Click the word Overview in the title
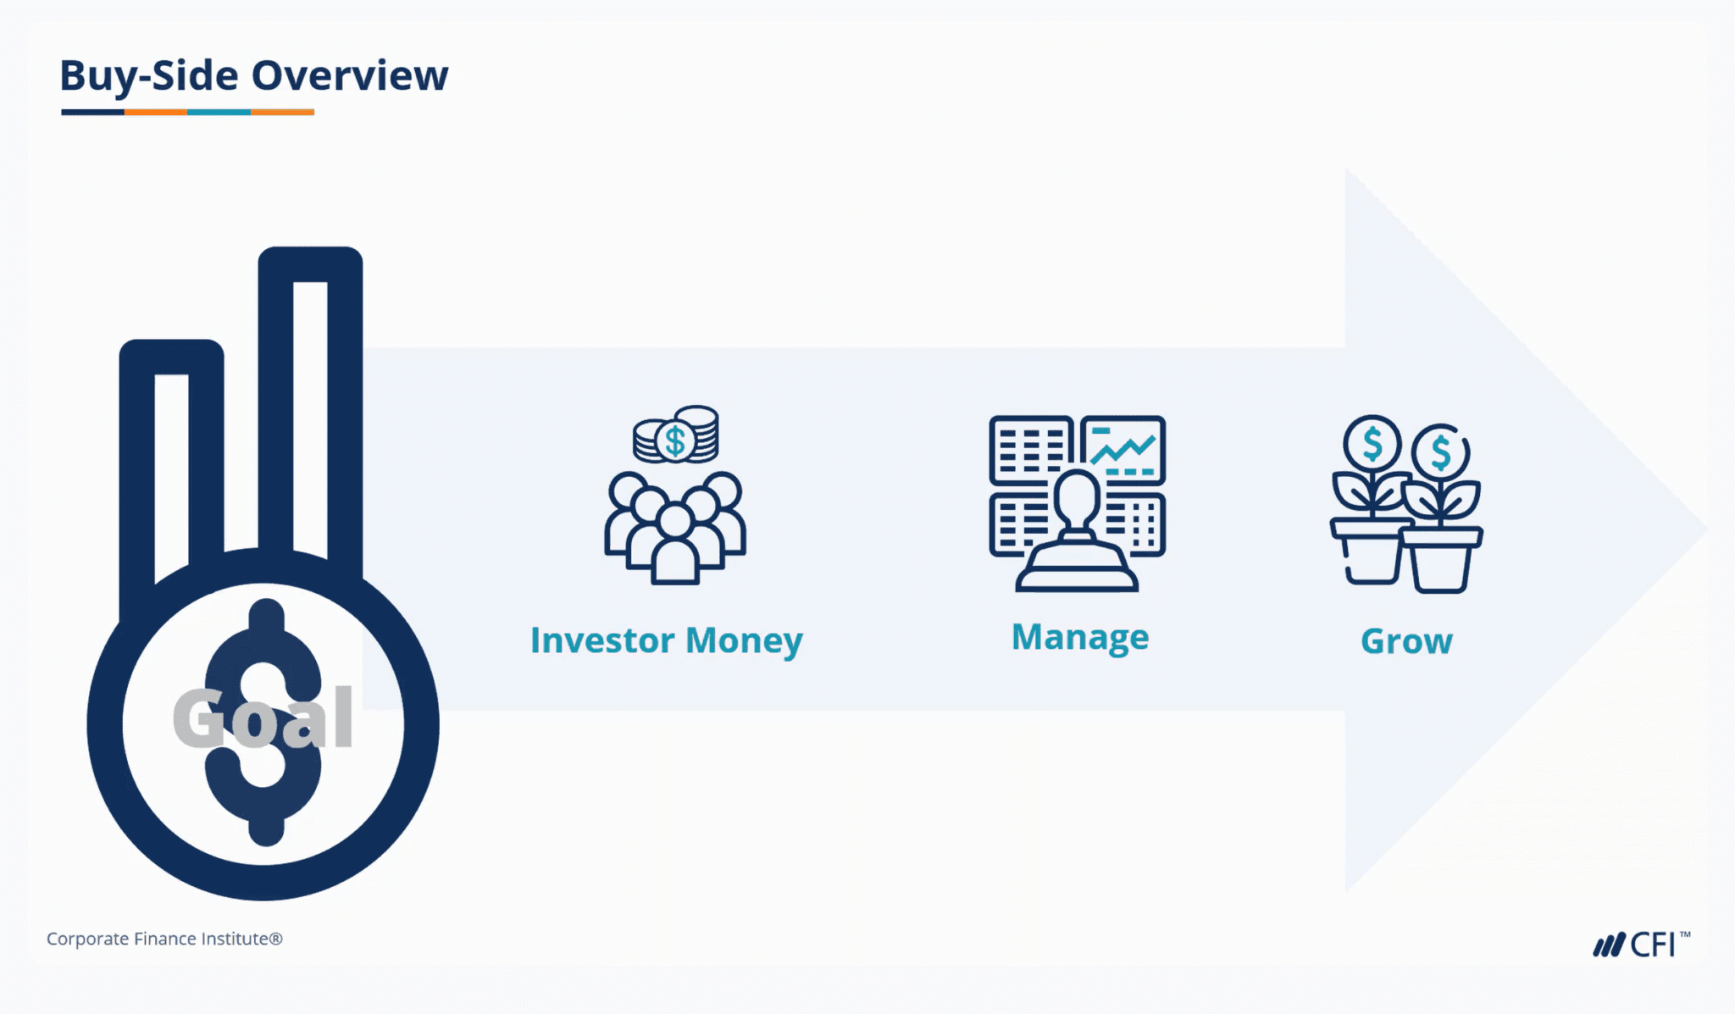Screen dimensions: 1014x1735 350,75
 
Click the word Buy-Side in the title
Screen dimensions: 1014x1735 149,75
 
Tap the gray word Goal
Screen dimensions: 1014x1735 263,718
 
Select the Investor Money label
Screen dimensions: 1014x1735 666,640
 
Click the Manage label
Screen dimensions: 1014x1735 1080,637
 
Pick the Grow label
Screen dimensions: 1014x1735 1406,641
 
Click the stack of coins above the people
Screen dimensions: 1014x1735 676,435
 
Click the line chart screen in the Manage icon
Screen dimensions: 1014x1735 1123,449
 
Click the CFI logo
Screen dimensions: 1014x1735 1640,944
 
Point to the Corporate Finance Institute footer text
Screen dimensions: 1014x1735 164,939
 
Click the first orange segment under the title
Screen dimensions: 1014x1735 156,112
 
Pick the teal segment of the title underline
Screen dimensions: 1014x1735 219,112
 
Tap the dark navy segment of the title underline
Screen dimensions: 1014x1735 93,112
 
